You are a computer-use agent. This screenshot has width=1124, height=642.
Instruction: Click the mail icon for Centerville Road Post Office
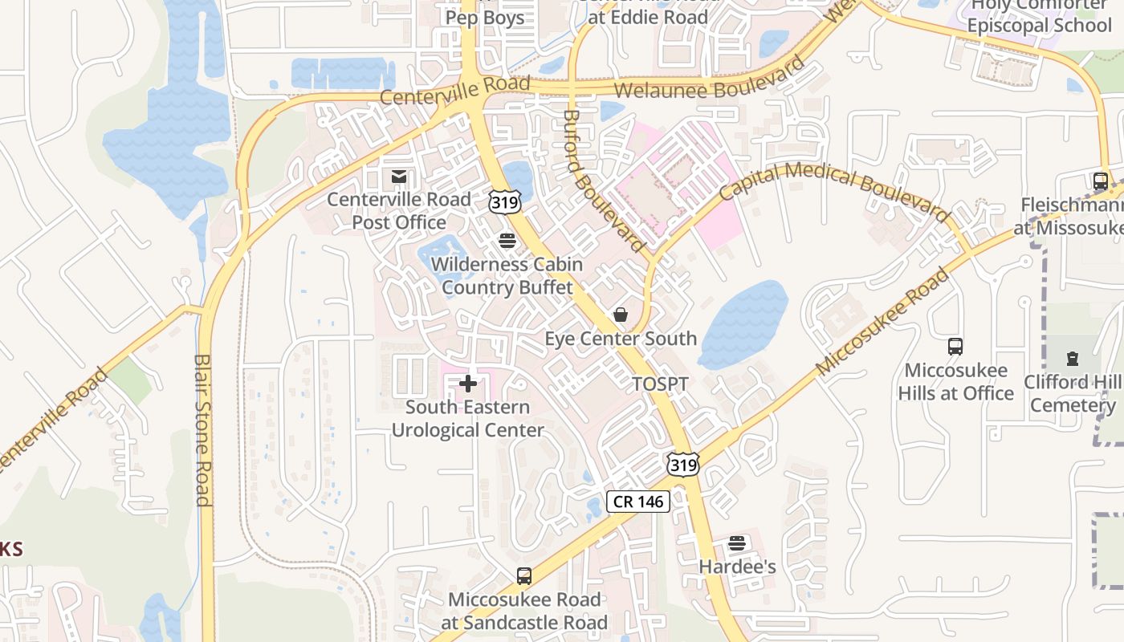tap(398, 176)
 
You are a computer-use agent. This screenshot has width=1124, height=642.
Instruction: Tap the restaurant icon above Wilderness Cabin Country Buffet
tap(507, 240)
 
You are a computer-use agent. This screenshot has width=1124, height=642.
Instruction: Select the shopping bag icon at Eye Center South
tap(620, 314)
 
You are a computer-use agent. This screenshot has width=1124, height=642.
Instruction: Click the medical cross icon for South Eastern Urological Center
tap(468, 384)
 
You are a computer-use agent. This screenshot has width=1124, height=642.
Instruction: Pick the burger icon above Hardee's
tap(737, 543)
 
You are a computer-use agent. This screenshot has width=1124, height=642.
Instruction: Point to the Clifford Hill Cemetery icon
tap(1072, 358)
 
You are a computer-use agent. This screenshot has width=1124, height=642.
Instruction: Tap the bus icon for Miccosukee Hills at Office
tap(955, 347)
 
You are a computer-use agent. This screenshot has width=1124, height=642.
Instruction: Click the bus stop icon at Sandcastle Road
tap(523, 575)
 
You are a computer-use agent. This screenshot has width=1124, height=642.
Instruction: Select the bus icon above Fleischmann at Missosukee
tap(1100, 181)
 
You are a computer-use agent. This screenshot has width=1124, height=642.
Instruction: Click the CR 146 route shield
tap(637, 502)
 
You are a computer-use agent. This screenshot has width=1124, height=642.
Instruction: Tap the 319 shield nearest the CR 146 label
tap(682, 464)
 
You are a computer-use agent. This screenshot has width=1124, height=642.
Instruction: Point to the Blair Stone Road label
tap(202, 430)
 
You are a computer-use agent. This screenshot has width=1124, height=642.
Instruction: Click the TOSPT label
tap(660, 384)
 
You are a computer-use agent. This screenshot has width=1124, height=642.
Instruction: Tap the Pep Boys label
tap(484, 17)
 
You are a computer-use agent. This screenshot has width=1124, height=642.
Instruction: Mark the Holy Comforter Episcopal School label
tap(1039, 15)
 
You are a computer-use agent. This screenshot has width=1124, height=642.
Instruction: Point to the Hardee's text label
tap(737, 567)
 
